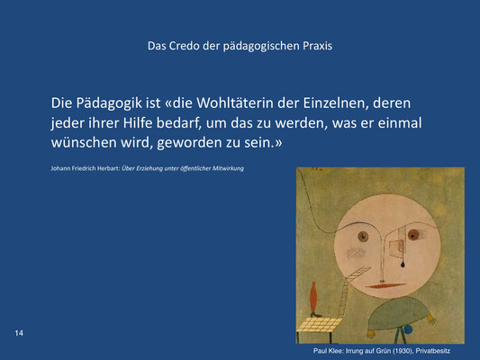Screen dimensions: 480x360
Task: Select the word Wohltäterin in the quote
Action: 235,103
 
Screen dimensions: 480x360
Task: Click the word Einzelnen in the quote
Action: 336,103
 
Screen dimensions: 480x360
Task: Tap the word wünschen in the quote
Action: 84,142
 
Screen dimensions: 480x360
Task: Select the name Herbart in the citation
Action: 109,168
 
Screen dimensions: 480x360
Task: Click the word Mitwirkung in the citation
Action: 228,168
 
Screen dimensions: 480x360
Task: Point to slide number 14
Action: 19,333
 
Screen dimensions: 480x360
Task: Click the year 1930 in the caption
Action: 404,351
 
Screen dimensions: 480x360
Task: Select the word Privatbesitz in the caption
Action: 433,351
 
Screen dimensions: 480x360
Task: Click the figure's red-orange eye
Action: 413,235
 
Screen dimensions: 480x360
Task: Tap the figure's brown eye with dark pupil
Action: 363,237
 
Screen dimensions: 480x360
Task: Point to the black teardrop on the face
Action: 403,264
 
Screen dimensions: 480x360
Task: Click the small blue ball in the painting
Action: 408,329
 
